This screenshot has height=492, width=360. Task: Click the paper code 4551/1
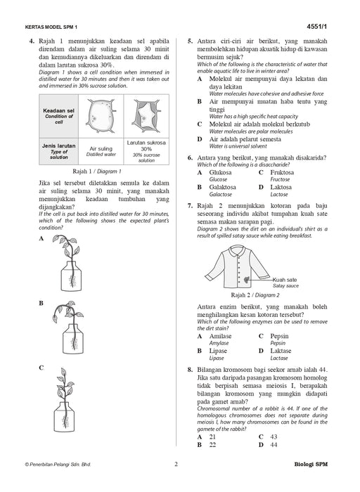[316, 27]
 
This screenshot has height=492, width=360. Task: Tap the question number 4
[32, 41]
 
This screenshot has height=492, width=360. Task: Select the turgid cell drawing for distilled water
[101, 115]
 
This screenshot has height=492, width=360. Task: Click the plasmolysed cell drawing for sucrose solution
[146, 115]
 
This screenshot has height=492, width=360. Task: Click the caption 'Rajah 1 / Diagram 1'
[96, 171]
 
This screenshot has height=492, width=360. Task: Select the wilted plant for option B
[70, 328]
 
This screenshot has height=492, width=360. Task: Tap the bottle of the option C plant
[65, 417]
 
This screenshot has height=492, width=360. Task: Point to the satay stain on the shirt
[247, 278]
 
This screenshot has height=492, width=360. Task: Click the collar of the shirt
[238, 251]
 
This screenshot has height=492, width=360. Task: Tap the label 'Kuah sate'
[284, 280]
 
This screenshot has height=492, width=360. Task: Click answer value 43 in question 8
[274, 436]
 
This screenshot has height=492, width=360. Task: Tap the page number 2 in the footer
[176, 464]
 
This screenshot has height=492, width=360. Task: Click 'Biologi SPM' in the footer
[311, 465]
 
